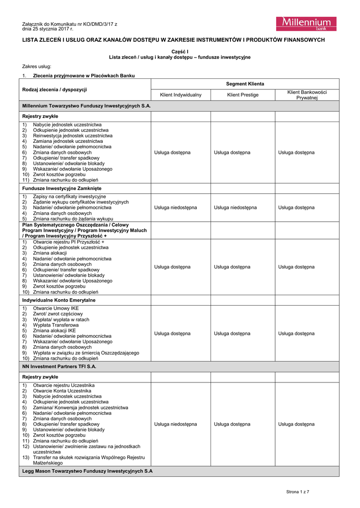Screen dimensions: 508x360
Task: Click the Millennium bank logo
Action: point(306,24)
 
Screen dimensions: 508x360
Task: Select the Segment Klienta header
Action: point(245,84)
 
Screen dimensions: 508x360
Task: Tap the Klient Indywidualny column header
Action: point(181,95)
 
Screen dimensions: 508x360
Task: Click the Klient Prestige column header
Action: point(243,95)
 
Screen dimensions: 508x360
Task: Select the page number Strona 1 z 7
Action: point(297,492)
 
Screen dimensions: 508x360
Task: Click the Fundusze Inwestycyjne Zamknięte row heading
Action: point(62,189)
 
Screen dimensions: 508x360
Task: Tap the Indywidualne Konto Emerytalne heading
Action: point(59,300)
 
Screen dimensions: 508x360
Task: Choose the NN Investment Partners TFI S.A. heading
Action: point(59,367)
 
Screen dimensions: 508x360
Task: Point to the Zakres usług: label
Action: point(37,66)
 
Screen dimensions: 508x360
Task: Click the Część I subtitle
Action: point(180,52)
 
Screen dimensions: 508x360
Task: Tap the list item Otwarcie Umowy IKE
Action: point(56,308)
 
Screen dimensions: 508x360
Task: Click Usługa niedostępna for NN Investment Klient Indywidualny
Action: point(175,424)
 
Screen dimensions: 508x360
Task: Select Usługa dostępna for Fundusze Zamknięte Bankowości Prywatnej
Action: point(296,207)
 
